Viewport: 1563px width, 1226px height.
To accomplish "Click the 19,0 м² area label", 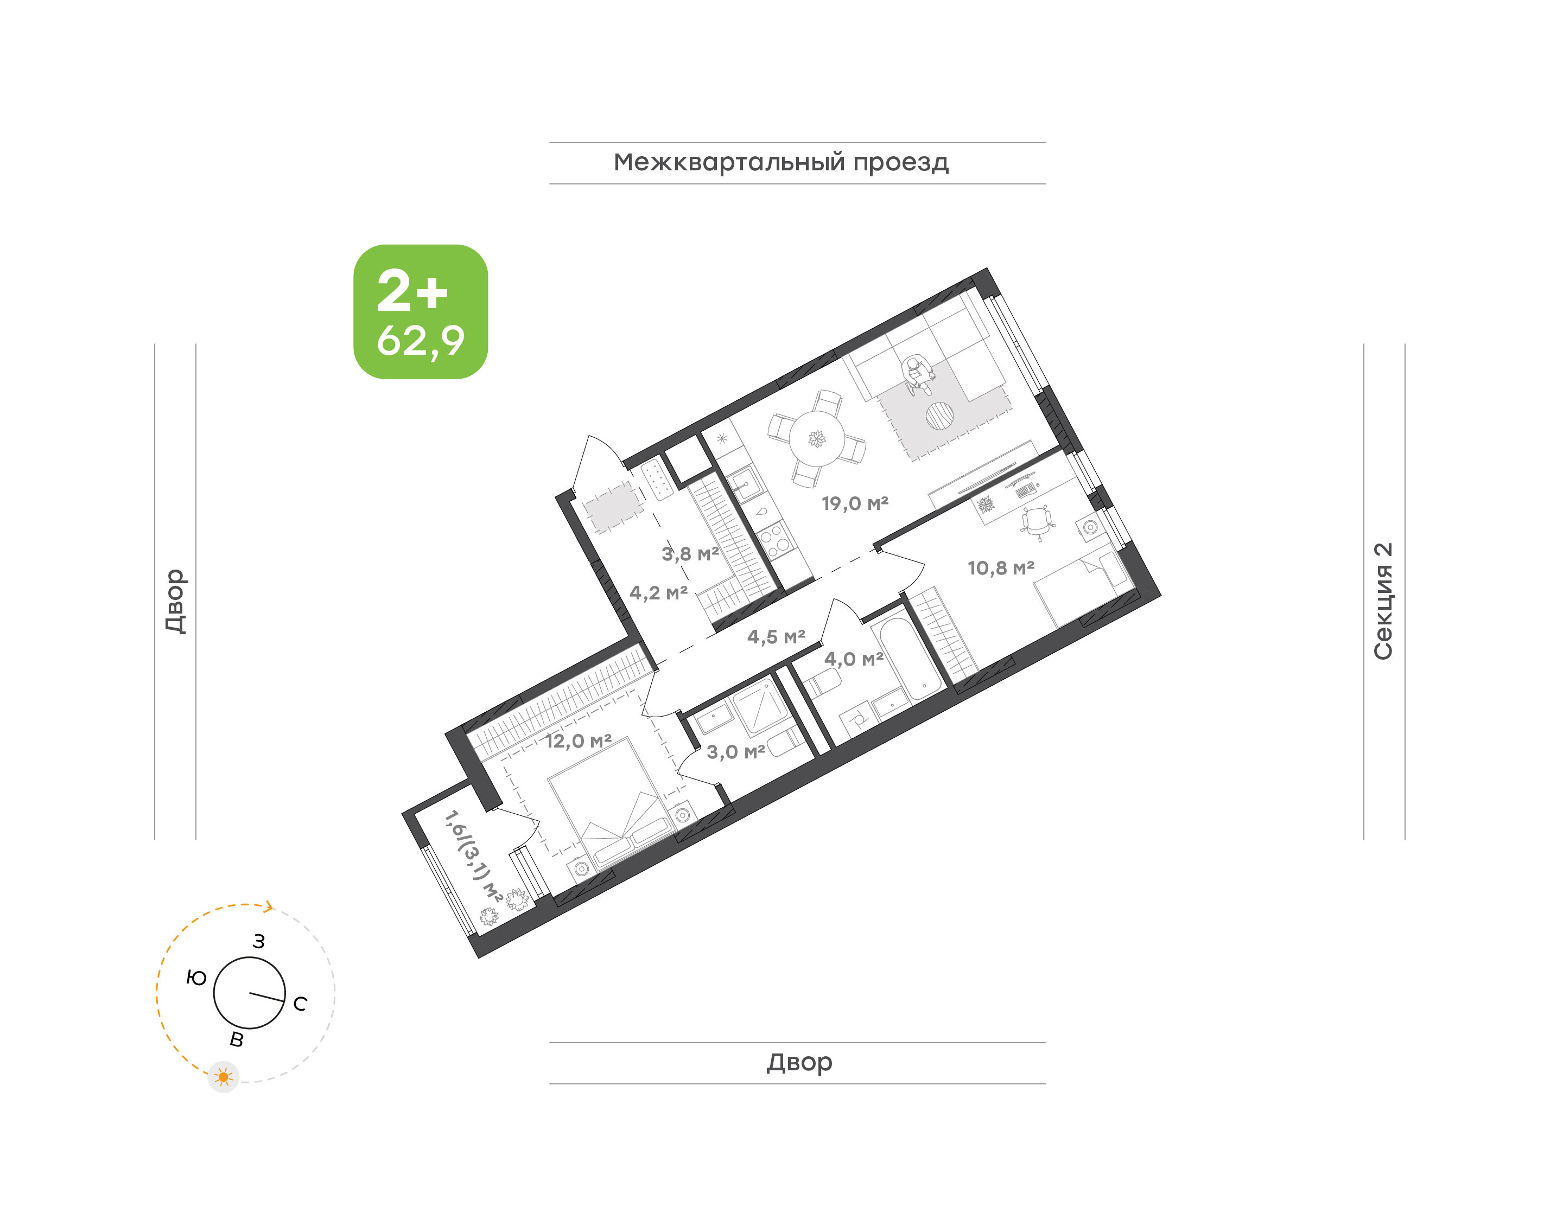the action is [x=855, y=503].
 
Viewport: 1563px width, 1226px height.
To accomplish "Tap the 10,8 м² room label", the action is [x=1001, y=568].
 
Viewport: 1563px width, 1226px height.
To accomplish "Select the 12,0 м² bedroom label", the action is [x=579, y=741].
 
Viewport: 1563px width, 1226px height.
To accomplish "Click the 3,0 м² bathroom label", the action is [x=736, y=751].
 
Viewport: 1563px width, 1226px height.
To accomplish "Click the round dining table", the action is [x=817, y=438].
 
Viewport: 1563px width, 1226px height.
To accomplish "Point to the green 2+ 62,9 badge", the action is [x=421, y=311].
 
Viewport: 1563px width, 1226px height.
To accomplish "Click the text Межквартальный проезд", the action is [x=781, y=163].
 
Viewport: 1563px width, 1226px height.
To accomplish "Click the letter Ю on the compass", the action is [x=196, y=978].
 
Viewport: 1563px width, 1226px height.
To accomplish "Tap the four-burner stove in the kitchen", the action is [x=776, y=540].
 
